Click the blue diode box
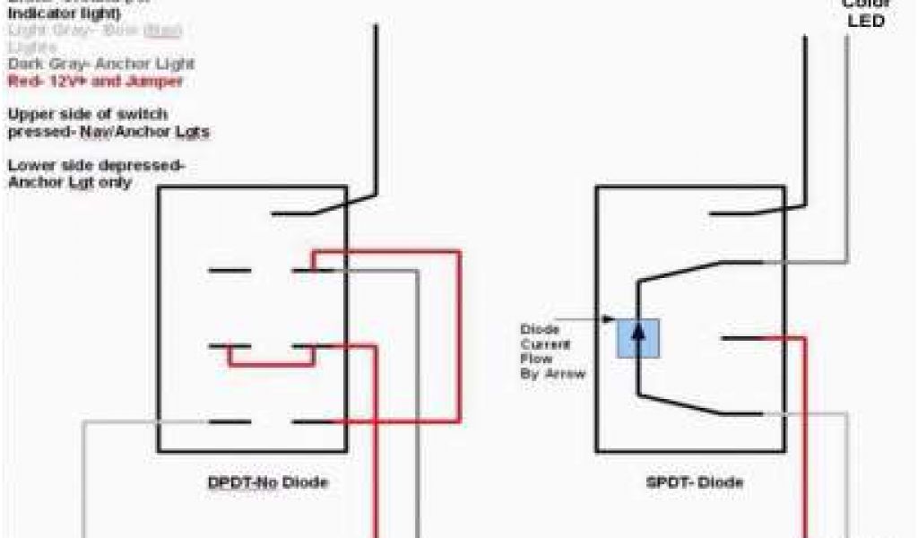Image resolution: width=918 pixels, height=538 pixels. click(x=637, y=338)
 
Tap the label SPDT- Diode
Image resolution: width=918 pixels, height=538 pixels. click(x=694, y=483)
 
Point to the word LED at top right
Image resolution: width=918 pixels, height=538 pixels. click(x=866, y=21)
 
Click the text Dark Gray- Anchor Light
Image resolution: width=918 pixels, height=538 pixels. click(x=101, y=65)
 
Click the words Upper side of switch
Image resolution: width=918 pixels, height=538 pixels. click(x=88, y=115)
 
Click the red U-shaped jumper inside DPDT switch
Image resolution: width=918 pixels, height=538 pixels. click(x=272, y=363)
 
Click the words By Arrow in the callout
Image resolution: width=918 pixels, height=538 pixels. click(x=554, y=373)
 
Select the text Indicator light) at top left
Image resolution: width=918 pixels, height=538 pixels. click(x=64, y=14)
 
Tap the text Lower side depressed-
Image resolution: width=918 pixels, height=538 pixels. click(x=96, y=166)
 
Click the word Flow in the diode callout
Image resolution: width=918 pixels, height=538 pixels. click(x=536, y=359)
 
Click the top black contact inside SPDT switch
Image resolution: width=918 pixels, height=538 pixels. click(x=735, y=213)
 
